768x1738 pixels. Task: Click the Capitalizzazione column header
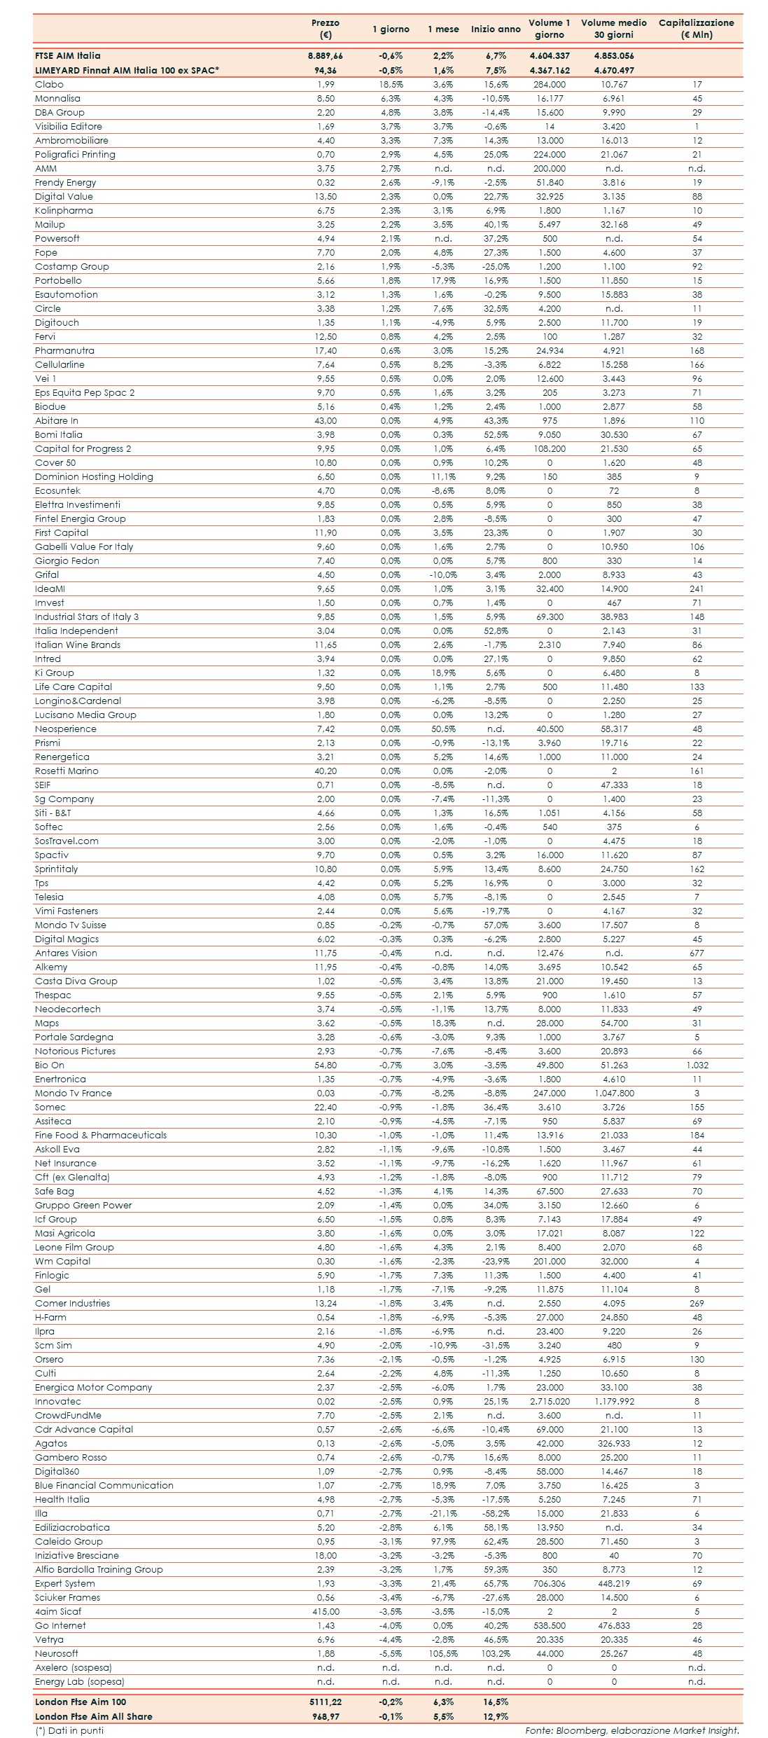(696, 28)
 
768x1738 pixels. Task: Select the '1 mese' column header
(443, 29)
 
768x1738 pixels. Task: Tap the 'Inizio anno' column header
(496, 29)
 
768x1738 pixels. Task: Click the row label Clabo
(49, 84)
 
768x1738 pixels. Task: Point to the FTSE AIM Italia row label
(68, 55)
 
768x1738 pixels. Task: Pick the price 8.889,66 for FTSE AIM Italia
(326, 55)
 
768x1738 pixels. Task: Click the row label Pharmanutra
(64, 350)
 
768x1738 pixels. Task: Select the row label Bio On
(50, 1065)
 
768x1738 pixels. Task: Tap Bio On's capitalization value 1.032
(697, 1065)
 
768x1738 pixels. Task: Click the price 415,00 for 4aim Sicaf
(326, 1611)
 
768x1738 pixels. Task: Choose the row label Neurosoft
(57, 1653)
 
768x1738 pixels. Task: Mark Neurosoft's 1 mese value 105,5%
(443, 1653)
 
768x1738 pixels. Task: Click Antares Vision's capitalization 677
(697, 953)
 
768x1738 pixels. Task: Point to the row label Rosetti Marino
(67, 771)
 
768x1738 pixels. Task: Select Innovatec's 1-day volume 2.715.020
(550, 1401)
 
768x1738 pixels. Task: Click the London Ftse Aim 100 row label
(81, 1702)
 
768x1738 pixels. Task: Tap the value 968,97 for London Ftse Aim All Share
(326, 1716)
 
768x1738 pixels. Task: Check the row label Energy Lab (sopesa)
(80, 1681)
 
